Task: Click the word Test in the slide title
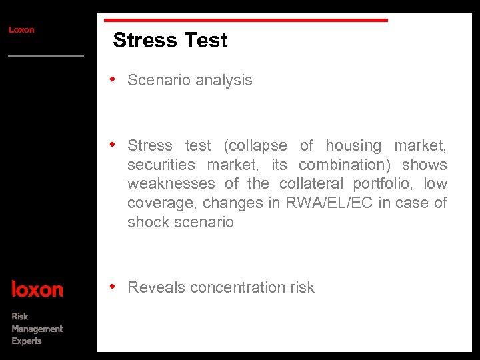(x=206, y=41)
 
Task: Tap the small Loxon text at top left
(x=21, y=30)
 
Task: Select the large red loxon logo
(x=37, y=289)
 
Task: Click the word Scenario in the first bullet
(x=157, y=81)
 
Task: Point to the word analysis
(x=222, y=81)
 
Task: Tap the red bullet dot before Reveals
(x=114, y=287)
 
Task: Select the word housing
(x=353, y=146)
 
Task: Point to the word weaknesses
(x=171, y=183)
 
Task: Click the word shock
(x=147, y=222)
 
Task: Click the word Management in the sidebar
(x=37, y=329)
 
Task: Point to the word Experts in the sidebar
(x=27, y=341)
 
